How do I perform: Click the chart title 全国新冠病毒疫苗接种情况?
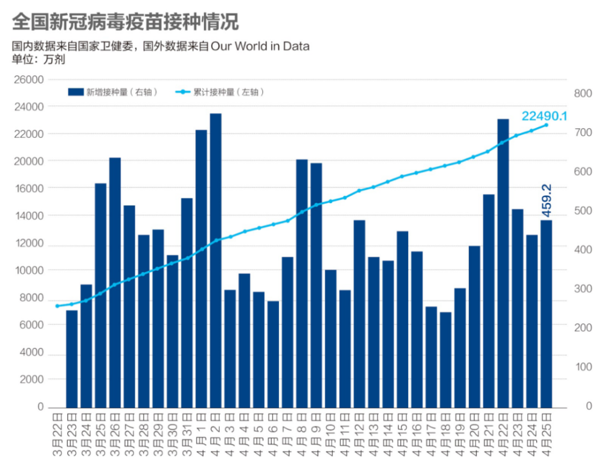click(x=125, y=22)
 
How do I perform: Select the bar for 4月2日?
click(x=216, y=260)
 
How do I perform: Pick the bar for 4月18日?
click(x=446, y=359)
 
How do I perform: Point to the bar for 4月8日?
click(x=302, y=283)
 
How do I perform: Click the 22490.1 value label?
click(x=544, y=115)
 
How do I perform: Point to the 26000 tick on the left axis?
click(x=28, y=80)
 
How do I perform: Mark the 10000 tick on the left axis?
click(x=28, y=270)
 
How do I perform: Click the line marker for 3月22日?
click(x=57, y=306)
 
